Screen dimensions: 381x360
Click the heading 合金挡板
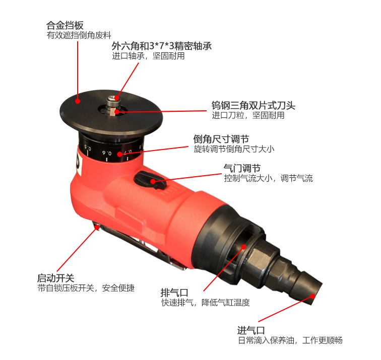click(x=65, y=25)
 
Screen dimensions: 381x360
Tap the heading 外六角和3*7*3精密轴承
click(x=162, y=46)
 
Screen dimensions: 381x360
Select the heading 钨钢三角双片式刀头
click(x=253, y=105)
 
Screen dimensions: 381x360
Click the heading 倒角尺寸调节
click(x=221, y=139)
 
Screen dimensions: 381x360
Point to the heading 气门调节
click(x=242, y=168)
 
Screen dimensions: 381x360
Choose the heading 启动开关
click(x=55, y=278)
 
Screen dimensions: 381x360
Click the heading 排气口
click(x=174, y=293)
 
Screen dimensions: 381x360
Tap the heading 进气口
click(x=251, y=330)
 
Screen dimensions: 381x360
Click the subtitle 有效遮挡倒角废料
click(x=79, y=35)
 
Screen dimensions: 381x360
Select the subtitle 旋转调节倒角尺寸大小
click(x=234, y=149)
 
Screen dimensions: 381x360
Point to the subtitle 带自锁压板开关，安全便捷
click(x=86, y=288)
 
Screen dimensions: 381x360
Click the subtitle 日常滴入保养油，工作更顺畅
click(x=290, y=340)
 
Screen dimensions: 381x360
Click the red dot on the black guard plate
click(x=78, y=101)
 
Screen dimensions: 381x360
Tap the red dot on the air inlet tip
click(x=313, y=296)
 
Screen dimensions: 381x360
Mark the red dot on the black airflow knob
click(x=153, y=181)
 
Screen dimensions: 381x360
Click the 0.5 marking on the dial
click(x=88, y=148)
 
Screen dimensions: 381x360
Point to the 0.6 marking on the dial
click(x=107, y=153)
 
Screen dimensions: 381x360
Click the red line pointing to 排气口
click(x=224, y=269)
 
